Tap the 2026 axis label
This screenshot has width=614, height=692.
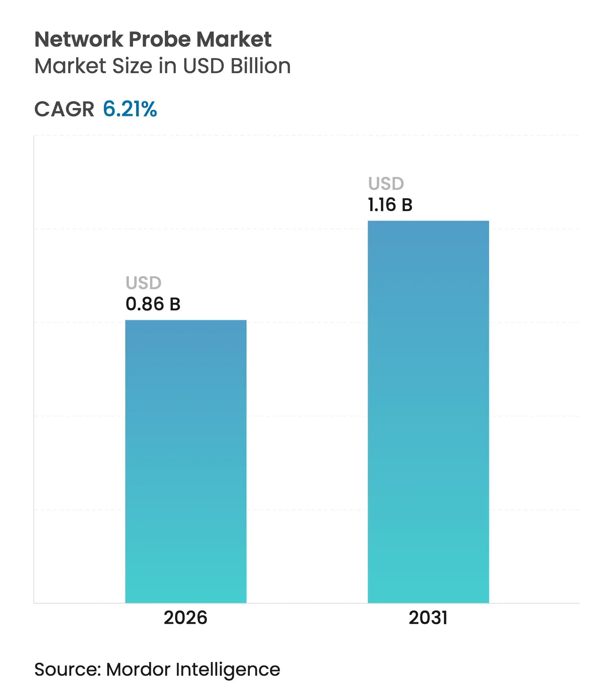pyautogui.click(x=185, y=618)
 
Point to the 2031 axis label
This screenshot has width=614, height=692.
pyautogui.click(x=428, y=618)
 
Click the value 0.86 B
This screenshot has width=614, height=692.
pyautogui.click(x=153, y=304)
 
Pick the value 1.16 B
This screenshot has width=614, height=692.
pyautogui.click(x=390, y=205)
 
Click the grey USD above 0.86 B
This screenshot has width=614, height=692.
pyautogui.click(x=144, y=283)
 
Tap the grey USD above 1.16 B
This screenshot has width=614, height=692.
pyautogui.click(x=386, y=184)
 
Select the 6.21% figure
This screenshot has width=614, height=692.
pyautogui.click(x=130, y=109)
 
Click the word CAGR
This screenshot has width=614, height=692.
pyautogui.click(x=64, y=110)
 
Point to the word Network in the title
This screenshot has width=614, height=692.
pyautogui.click(x=79, y=39)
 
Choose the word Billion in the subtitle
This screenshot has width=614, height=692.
pyautogui.click(x=261, y=66)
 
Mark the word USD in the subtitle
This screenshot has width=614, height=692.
pyautogui.click(x=204, y=66)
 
